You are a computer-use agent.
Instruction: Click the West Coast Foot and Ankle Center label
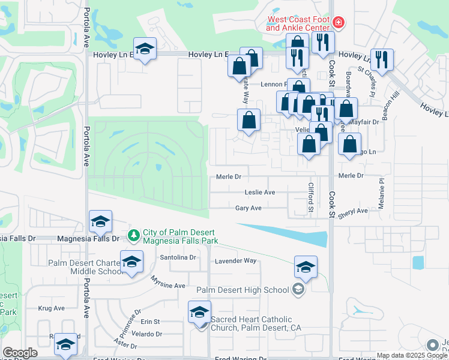[298, 23]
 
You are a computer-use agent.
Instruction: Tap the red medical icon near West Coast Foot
[339, 23]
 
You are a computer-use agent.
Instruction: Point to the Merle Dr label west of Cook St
[228, 176]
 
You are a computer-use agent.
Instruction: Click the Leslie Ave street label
[260, 192]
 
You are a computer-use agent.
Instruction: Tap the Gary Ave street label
[248, 208]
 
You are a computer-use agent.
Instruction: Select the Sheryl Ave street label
[353, 211]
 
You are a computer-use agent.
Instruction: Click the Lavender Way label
[236, 261]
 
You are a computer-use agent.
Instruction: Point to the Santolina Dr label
[178, 257]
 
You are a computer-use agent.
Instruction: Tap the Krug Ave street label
[51, 308]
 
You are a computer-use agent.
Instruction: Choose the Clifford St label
[312, 198]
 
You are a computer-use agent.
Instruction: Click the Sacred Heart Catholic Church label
[255, 323]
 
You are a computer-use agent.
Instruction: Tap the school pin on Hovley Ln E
[144, 50]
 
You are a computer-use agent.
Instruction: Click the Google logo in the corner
[20, 353]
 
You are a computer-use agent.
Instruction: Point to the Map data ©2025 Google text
[411, 356]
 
